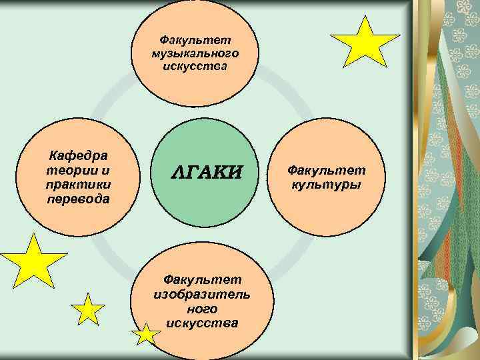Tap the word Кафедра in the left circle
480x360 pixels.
pos(79,157)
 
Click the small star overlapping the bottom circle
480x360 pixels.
pos(146,334)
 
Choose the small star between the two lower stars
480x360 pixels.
pos(88,310)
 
